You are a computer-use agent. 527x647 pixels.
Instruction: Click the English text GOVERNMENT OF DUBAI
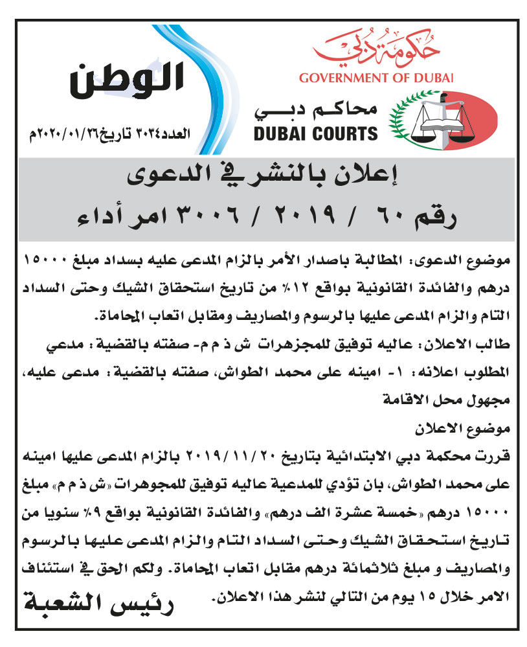(377, 78)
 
